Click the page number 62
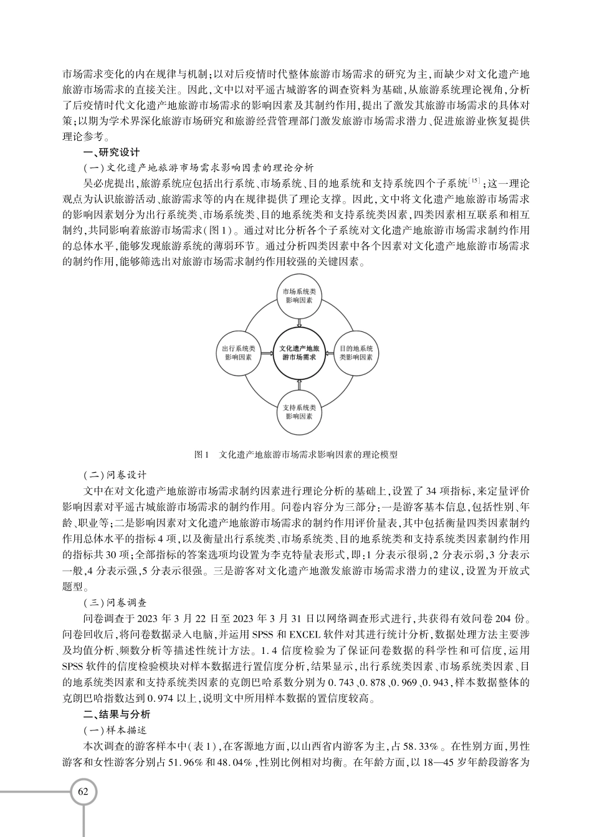tap(84, 792)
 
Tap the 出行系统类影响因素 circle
tap(238, 353)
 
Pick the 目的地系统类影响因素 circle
tap(356, 353)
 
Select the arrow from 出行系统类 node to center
tap(265, 353)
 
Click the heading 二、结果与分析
tap(116, 714)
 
